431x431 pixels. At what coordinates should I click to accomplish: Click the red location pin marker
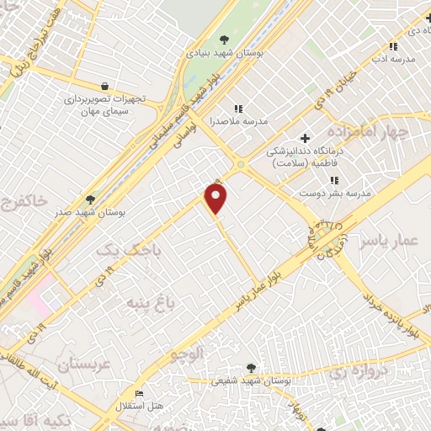pyautogui.click(x=216, y=198)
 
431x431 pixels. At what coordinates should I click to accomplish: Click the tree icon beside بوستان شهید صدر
pyautogui.click(x=90, y=200)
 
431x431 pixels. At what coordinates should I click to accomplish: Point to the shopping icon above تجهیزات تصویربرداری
pyautogui.click(x=104, y=86)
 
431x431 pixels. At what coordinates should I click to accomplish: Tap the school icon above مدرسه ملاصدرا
pyautogui.click(x=238, y=109)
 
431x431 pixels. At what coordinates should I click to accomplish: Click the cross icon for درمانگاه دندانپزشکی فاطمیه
pyautogui.click(x=305, y=138)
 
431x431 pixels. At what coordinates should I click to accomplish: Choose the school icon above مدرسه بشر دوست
pyautogui.click(x=334, y=180)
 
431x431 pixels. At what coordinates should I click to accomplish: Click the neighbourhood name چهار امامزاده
pyautogui.click(x=391, y=134)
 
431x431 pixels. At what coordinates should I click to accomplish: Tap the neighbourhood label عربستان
pyautogui.click(x=83, y=364)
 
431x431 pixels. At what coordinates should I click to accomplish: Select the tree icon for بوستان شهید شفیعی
pyautogui.click(x=251, y=368)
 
